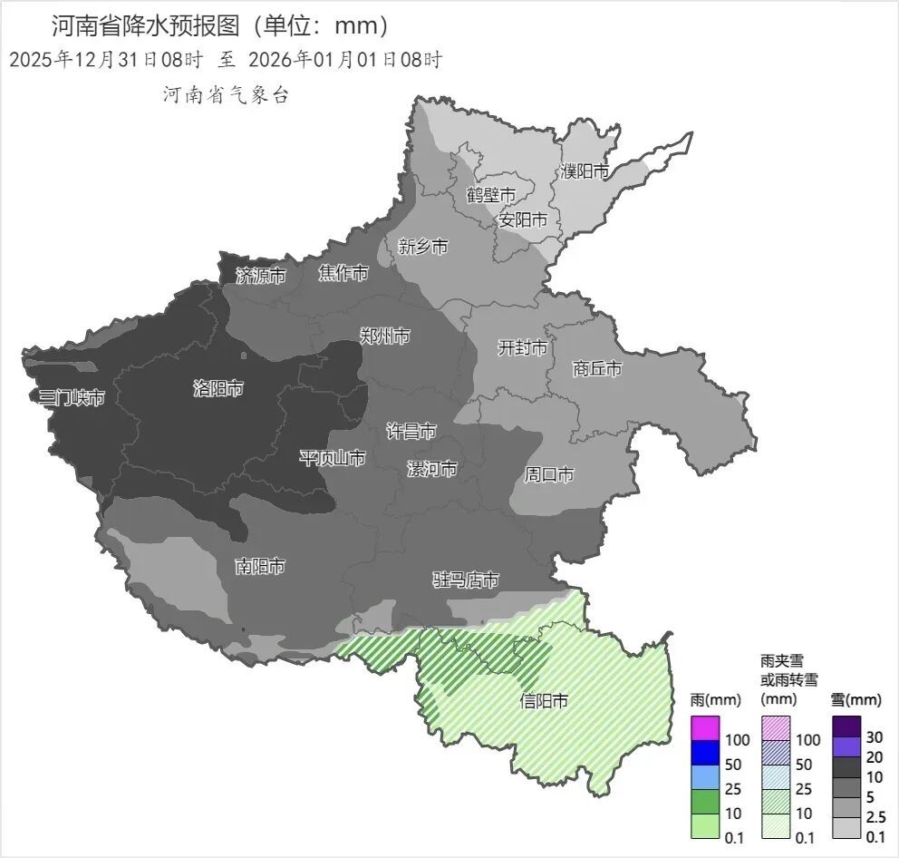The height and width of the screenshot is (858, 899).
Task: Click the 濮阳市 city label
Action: tap(584, 171)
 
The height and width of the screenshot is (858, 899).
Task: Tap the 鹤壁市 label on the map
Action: tap(490, 195)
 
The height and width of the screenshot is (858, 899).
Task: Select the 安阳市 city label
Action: tap(523, 219)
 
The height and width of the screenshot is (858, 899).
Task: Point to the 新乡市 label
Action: tap(422, 247)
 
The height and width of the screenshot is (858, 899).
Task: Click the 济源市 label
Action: tap(261, 276)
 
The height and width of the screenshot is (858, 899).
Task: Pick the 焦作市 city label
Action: tap(343, 273)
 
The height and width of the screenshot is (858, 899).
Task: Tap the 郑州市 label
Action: tap(385, 336)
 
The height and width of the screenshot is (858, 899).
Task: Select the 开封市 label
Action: tap(523, 347)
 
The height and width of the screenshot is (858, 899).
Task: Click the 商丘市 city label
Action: tap(597, 369)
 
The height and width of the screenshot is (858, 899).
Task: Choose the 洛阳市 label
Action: tap(218, 389)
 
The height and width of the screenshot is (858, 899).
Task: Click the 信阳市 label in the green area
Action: tap(544, 701)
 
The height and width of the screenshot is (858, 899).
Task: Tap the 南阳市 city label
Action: tap(260, 567)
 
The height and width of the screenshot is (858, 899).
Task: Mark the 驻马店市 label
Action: tap(465, 580)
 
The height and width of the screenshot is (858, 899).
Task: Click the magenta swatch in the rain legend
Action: tap(704, 728)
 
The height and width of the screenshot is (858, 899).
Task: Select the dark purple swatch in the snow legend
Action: tap(846, 726)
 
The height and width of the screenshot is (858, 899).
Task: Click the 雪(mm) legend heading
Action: tap(855, 700)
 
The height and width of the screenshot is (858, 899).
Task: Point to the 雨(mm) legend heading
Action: tap(715, 700)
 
